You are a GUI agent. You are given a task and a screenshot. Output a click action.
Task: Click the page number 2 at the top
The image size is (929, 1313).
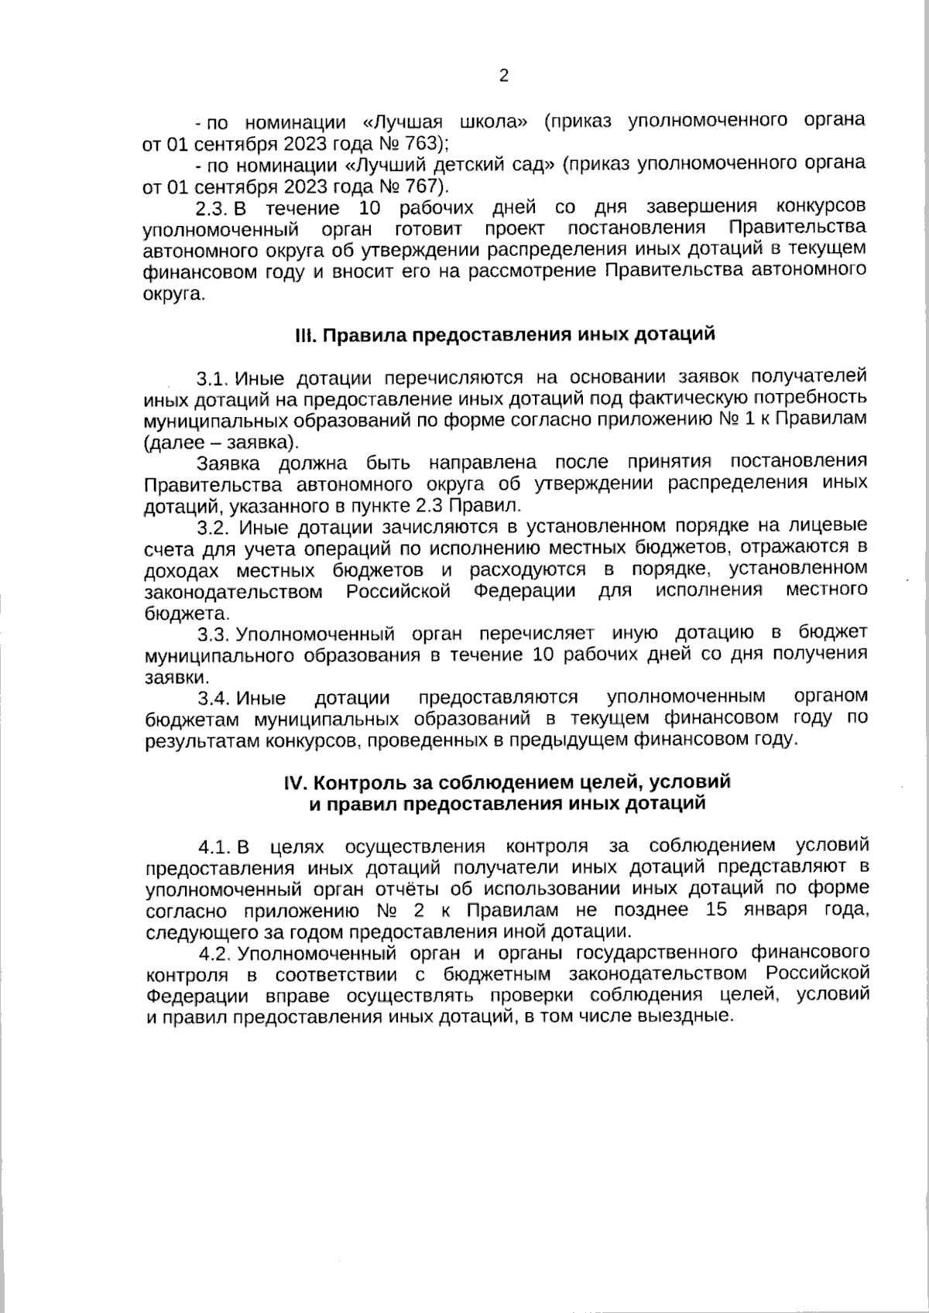[503, 76]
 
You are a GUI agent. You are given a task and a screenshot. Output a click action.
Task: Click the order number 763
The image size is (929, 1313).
[420, 143]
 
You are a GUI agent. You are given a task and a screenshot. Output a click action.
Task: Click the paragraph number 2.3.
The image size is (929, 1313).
[211, 208]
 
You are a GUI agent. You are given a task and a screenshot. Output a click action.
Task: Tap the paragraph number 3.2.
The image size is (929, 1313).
[212, 528]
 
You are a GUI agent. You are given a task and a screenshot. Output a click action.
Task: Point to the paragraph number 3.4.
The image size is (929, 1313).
[212, 699]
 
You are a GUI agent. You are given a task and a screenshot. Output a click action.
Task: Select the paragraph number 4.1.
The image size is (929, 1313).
[212, 846]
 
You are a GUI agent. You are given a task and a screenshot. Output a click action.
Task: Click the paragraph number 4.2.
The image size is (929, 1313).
[212, 952]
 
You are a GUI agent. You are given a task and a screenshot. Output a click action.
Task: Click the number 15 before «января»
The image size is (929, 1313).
[718, 910]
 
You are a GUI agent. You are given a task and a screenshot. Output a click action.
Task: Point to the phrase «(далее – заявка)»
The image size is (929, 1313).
[220, 443]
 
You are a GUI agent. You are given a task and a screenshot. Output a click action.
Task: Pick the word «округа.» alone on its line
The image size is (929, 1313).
[175, 294]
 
